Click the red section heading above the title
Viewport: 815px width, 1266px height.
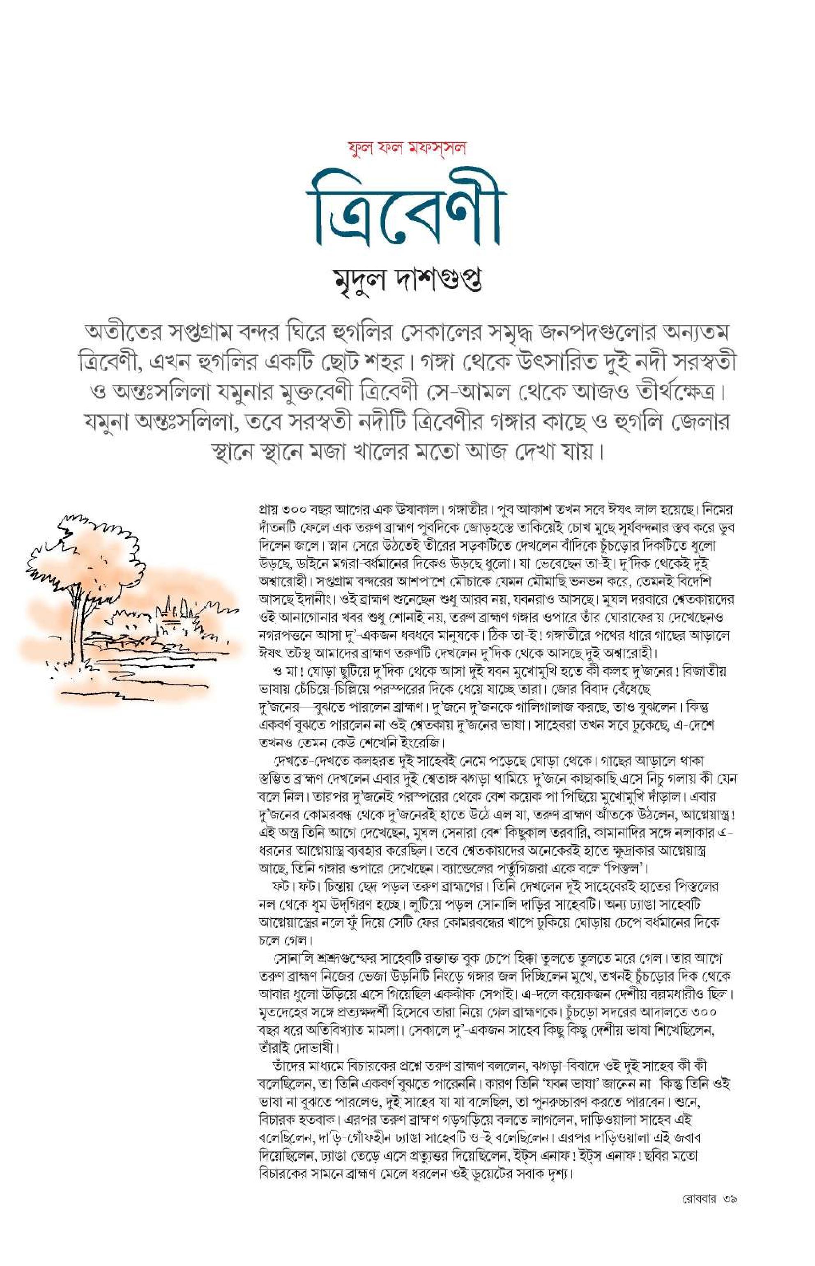407,148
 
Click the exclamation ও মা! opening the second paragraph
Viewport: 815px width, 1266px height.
285,672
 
